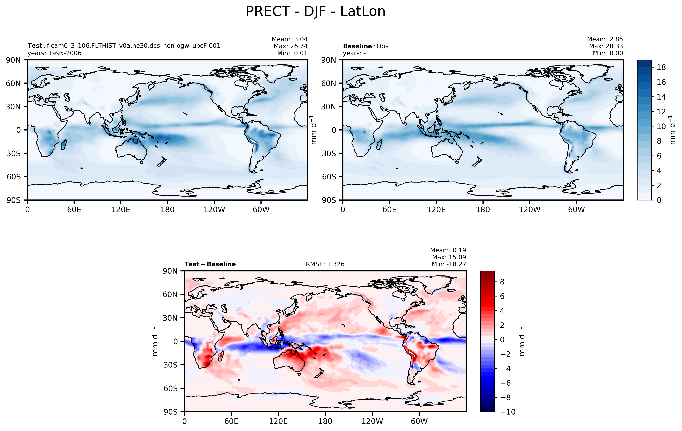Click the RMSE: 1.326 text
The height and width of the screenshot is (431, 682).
(x=325, y=264)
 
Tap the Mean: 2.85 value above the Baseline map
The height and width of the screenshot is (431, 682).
(x=605, y=39)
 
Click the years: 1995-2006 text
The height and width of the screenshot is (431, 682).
(x=54, y=53)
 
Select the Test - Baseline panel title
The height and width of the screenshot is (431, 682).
(x=210, y=264)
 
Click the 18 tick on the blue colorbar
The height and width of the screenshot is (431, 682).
(x=661, y=67)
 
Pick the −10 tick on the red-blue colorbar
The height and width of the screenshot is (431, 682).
(x=508, y=412)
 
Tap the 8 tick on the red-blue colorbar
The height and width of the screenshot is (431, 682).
(x=502, y=282)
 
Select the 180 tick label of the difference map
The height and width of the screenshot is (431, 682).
(x=325, y=421)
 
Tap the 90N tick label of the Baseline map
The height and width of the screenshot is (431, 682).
(x=329, y=60)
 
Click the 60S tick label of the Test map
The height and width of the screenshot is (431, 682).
(x=14, y=177)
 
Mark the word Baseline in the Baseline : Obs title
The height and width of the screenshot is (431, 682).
(x=357, y=46)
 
